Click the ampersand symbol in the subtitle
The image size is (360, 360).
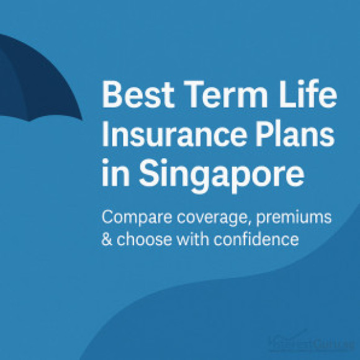[x=107, y=239]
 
